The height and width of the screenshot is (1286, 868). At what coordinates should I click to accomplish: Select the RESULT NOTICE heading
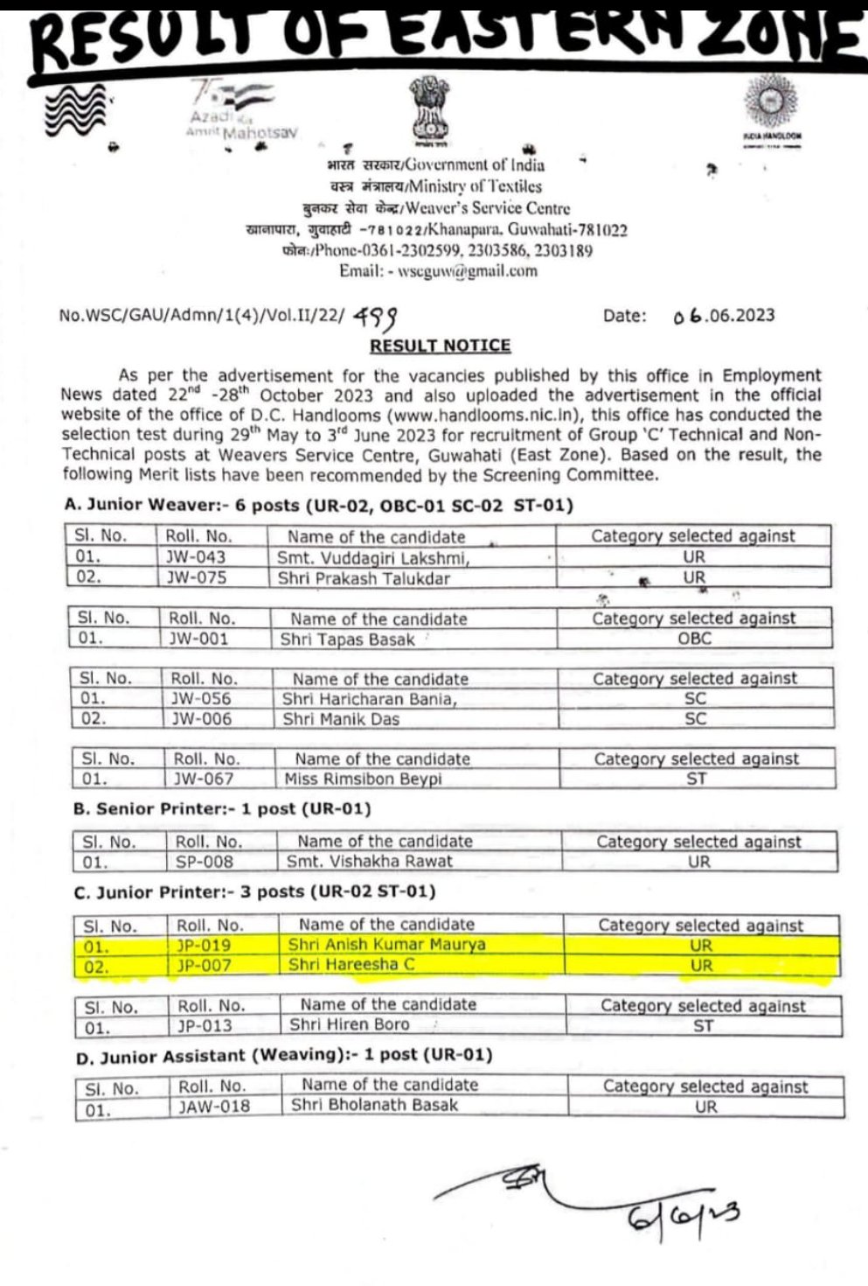440,346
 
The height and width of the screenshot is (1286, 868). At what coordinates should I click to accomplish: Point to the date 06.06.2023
724,316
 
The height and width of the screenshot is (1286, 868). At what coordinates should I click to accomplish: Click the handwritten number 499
380,316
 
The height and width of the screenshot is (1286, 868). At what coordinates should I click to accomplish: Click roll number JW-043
196,556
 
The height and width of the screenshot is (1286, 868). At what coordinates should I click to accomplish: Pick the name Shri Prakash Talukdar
364,577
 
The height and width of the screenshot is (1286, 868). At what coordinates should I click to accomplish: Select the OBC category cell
695,639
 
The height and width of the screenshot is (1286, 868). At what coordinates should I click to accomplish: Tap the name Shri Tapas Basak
347,640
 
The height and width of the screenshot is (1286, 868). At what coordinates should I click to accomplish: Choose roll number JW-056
201,699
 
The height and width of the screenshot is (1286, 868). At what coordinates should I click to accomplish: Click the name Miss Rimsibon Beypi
364,779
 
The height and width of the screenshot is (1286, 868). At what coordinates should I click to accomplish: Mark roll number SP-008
205,862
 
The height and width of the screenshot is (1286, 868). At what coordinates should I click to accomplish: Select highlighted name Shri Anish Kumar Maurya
386,945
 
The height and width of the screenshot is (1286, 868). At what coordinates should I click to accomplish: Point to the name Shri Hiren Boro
350,1025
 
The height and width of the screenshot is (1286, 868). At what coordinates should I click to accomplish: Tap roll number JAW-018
214,1107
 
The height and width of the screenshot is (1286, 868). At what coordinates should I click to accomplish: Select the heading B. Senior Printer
223,809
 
